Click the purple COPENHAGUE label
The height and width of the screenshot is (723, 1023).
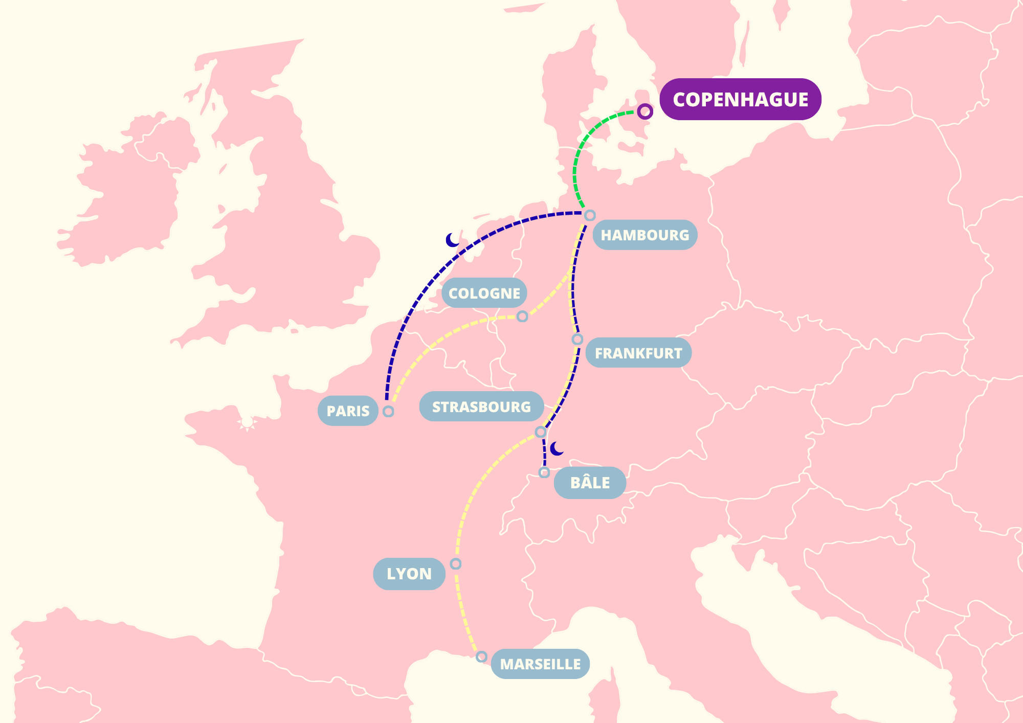pos(740,99)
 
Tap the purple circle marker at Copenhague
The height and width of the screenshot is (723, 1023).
pos(645,111)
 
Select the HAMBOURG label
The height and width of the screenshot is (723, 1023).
pos(644,235)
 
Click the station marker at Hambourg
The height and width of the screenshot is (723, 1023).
pos(590,215)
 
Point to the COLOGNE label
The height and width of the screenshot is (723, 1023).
pos(484,293)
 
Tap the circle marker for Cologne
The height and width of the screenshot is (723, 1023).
pos(522,317)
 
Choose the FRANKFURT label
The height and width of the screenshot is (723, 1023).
pos(638,353)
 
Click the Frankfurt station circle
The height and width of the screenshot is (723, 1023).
pos(577,340)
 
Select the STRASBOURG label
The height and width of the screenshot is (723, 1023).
pos(481,407)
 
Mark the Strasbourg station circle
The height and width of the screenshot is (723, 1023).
pos(540,432)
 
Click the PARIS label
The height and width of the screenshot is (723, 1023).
pos(348,411)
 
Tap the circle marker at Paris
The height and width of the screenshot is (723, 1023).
pos(388,411)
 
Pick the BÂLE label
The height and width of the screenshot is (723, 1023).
pos(590,483)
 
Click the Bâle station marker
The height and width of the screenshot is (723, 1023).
pos(544,472)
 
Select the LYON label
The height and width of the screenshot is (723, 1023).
pos(409,574)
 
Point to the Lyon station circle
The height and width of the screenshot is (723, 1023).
pos(456,563)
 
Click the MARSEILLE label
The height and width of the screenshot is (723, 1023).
pos(540,664)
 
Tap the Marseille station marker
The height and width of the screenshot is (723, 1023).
pos(481,656)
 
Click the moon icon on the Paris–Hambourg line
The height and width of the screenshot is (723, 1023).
pos(452,240)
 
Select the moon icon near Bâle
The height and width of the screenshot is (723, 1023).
pos(557,449)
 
